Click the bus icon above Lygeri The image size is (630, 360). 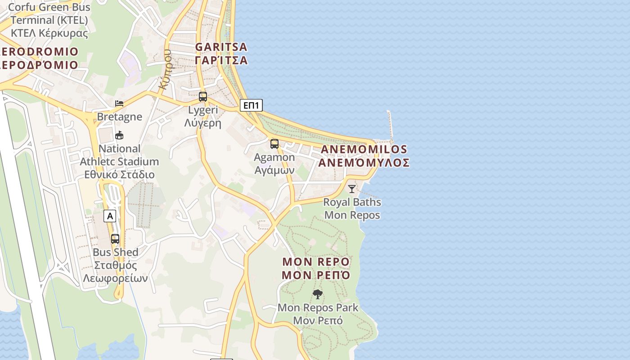pyautogui.click(x=203, y=97)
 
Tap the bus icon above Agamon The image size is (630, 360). pyautogui.click(x=274, y=144)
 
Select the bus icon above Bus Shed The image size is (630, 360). pyautogui.click(x=115, y=239)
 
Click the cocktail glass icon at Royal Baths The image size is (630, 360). pyautogui.click(x=352, y=189)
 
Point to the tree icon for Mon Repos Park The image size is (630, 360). pyautogui.click(x=318, y=295)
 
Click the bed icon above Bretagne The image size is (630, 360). pyautogui.click(x=119, y=103)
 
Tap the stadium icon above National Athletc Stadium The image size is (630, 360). pyautogui.click(x=119, y=135)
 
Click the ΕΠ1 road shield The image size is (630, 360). pyautogui.click(x=251, y=105)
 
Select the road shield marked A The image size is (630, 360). pyautogui.click(x=110, y=216)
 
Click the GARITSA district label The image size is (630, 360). pyautogui.click(x=221, y=47)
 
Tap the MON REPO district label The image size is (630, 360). pyautogui.click(x=316, y=262)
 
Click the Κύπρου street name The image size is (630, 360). pyautogui.click(x=166, y=70)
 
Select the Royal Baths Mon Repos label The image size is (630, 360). pyautogui.click(x=352, y=208)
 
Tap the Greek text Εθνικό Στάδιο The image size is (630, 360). pyautogui.click(x=119, y=175)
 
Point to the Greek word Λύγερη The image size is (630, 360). pyautogui.click(x=203, y=123)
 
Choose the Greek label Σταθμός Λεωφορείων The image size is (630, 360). pyautogui.click(x=116, y=272)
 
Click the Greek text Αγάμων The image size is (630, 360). pyautogui.click(x=274, y=170)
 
